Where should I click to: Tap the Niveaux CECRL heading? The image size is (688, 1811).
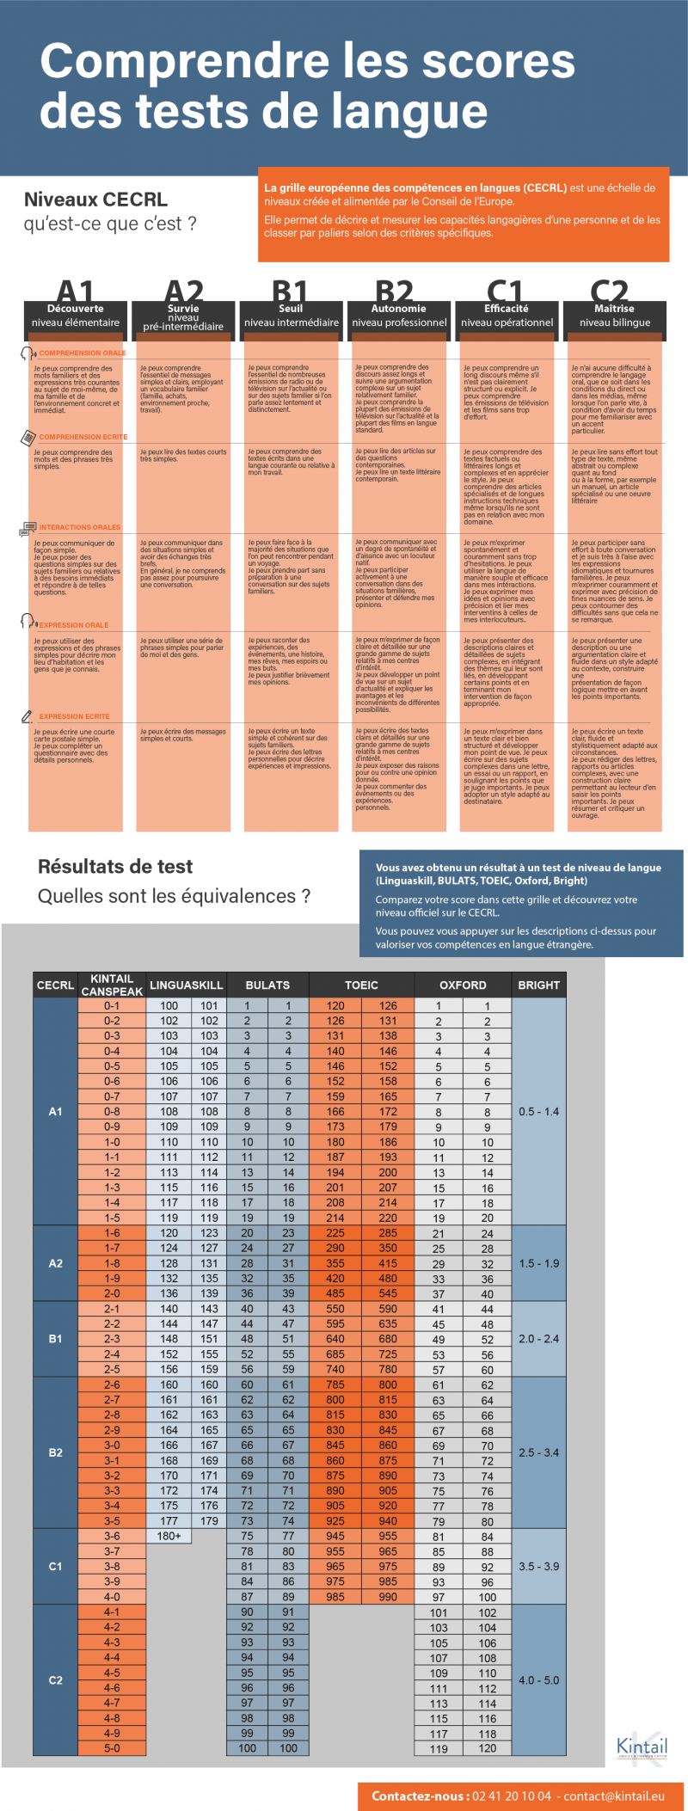click(95, 200)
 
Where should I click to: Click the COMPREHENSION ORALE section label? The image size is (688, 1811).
click(82, 353)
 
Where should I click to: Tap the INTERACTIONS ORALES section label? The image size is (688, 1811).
click(79, 527)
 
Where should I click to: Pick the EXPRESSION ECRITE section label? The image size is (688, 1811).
click(74, 716)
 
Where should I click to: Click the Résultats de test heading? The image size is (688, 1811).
click(115, 867)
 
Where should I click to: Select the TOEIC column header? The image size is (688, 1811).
click(361, 985)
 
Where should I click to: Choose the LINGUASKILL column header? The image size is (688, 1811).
click(186, 985)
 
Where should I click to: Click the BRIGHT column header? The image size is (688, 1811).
click(538, 985)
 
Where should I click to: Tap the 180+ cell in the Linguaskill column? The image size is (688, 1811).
click(169, 1536)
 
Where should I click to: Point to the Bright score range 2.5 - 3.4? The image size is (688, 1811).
click(538, 1452)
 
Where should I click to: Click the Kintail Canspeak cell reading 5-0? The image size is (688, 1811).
click(112, 1747)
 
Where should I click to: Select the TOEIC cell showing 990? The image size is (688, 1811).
click(388, 1596)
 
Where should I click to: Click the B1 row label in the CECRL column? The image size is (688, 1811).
click(55, 1339)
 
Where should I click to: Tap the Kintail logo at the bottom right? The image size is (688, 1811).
click(642, 1747)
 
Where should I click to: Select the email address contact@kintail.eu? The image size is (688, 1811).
click(614, 1796)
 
